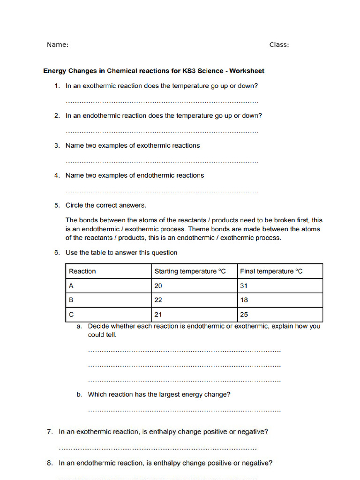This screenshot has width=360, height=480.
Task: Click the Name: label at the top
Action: pyautogui.click(x=58, y=45)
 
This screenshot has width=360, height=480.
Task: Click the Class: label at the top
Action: pyautogui.click(x=279, y=45)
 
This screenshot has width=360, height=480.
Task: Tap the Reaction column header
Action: pyautogui.click(x=82, y=271)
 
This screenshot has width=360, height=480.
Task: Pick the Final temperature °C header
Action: pyautogui.click(x=271, y=271)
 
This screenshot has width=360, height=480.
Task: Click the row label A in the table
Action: pyautogui.click(x=71, y=286)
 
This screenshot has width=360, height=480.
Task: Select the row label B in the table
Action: pyautogui.click(x=71, y=300)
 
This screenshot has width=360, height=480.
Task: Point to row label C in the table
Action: pyautogui.click(x=71, y=314)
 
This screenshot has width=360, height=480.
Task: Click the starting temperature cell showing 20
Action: pyautogui.click(x=158, y=286)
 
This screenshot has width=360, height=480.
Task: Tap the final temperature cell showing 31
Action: pyautogui.click(x=244, y=286)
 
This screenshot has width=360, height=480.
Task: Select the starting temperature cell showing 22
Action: pyautogui.click(x=158, y=300)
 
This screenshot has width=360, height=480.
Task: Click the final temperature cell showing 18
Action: pyautogui.click(x=244, y=300)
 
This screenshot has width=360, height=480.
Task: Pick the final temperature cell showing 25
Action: pyautogui.click(x=244, y=314)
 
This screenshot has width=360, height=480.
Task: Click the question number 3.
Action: pyautogui.click(x=57, y=146)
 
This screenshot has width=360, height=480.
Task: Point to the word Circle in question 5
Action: pyautogui.click(x=75, y=205)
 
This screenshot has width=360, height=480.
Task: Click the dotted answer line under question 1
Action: pyautogui.click(x=162, y=102)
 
